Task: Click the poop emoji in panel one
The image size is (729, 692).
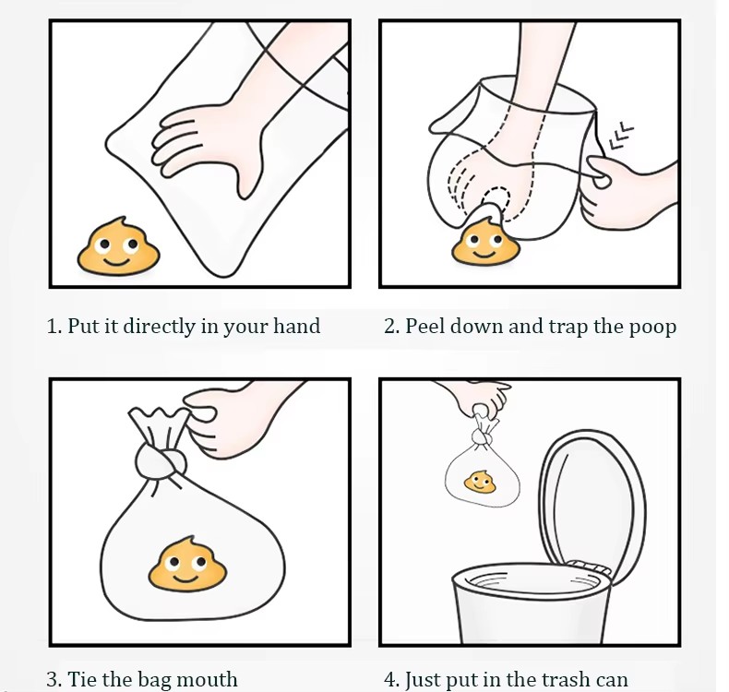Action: (118, 246)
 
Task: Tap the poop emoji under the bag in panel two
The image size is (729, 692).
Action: (484, 242)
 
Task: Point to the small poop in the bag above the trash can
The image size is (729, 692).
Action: (480, 482)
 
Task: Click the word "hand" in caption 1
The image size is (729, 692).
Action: (296, 326)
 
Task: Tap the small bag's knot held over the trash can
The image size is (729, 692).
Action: (481, 436)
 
